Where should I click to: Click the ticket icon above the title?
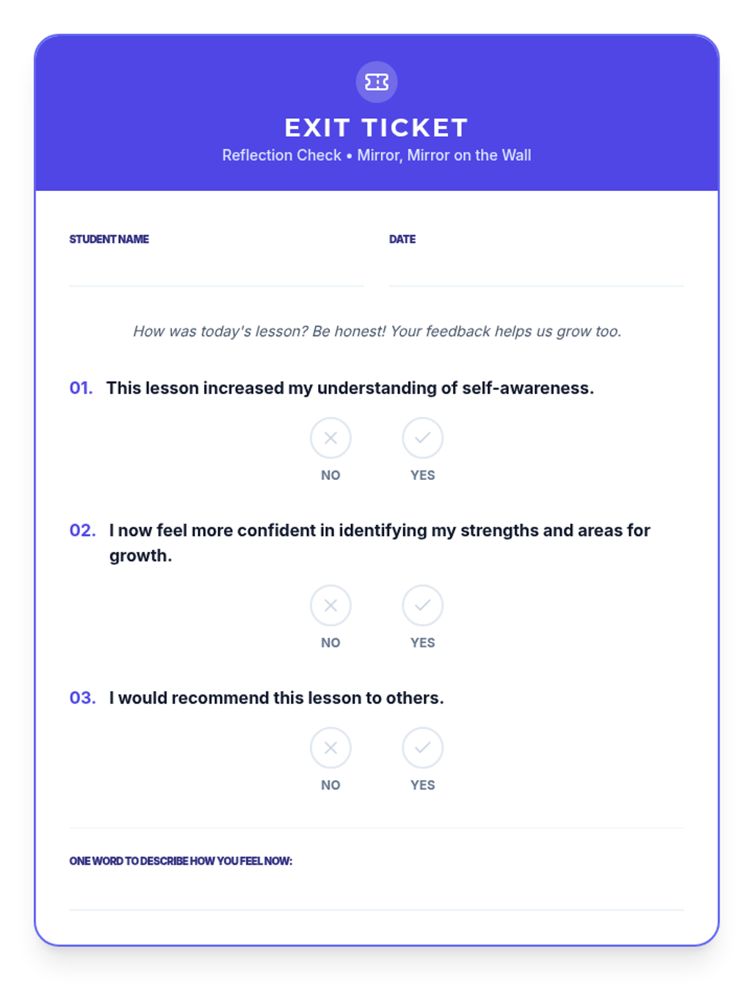tap(376, 82)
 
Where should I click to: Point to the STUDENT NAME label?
tap(109, 239)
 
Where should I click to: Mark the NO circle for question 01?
tap(331, 438)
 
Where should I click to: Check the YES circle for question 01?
tap(422, 438)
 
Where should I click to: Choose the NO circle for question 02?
tap(331, 606)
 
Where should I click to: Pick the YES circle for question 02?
tap(422, 606)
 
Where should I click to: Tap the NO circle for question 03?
tap(331, 747)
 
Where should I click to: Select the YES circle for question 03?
tap(422, 747)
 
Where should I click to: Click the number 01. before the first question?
tap(81, 388)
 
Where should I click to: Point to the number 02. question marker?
tap(82, 531)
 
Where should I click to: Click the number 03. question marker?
tap(82, 698)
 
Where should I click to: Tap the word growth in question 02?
tap(140, 556)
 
